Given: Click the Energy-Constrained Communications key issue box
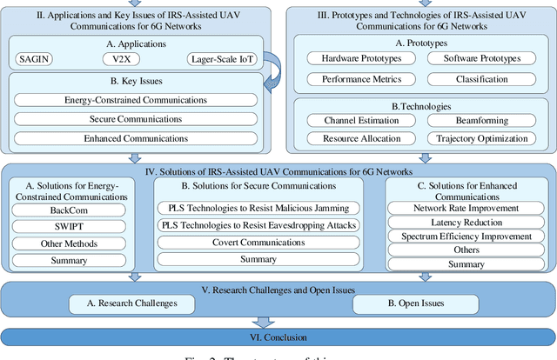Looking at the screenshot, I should coord(134,100).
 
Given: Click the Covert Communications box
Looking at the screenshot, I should coord(258,243).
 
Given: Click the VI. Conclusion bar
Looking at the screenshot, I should coord(278,337).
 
